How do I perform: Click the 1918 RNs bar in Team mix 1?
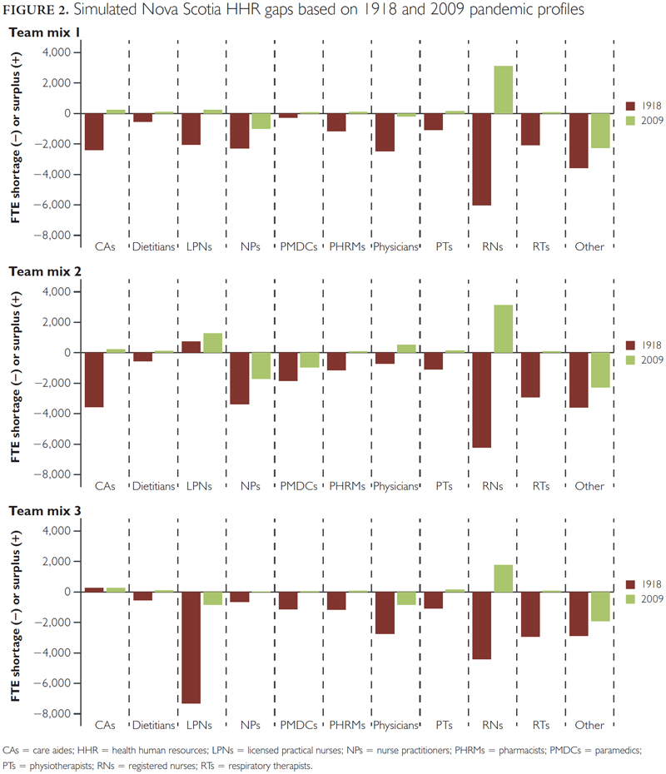click(x=483, y=159)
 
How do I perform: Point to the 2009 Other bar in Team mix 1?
click(x=599, y=131)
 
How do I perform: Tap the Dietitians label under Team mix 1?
click(x=154, y=247)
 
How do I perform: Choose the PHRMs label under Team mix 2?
click(x=347, y=486)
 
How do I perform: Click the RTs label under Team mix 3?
click(x=540, y=725)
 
